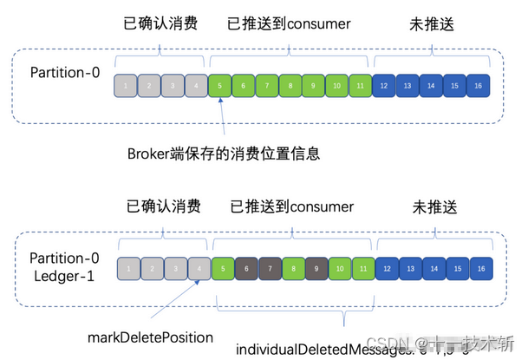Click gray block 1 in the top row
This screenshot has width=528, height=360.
[127, 87]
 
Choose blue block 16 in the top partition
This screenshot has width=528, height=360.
[479, 87]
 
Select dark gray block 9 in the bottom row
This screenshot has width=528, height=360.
[316, 270]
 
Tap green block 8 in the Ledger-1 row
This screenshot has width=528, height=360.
[292, 270]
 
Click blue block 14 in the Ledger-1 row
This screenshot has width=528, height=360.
[432, 270]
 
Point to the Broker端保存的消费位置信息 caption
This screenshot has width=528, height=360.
[223, 154]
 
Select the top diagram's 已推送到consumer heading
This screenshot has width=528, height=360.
[288, 24]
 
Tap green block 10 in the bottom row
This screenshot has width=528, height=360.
[339, 270]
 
